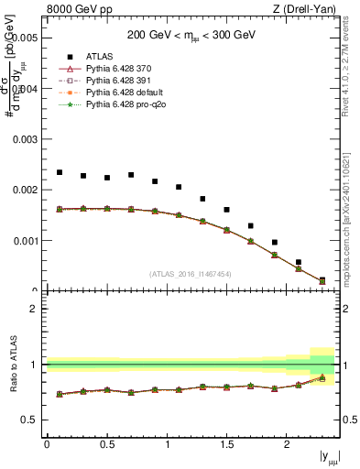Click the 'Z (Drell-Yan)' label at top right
309,10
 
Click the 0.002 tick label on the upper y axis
26,191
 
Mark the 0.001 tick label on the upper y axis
26,241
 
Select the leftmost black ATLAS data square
60,172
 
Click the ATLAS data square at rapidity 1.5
226,210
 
